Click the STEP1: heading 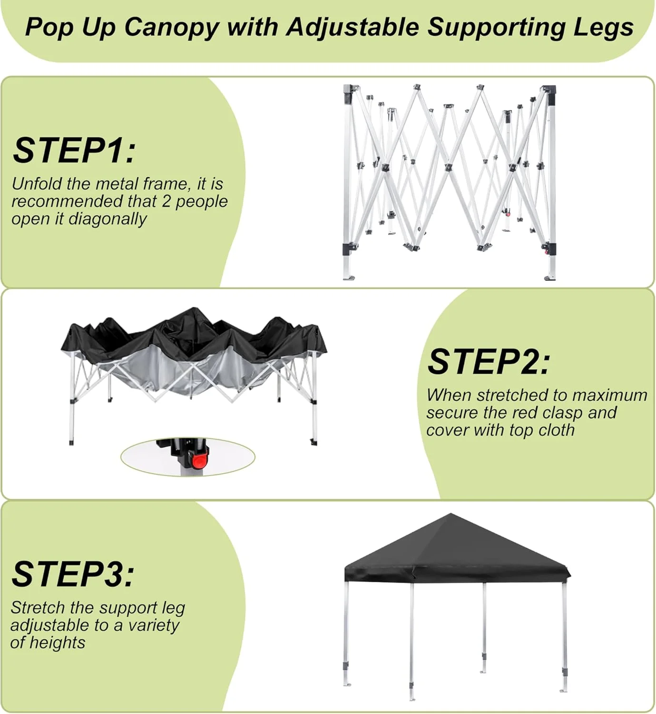pyautogui.click(x=74, y=151)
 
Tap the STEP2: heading pyautogui.click(x=489, y=362)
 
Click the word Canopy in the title pyautogui.click(x=172, y=28)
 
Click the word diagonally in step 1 pyautogui.click(x=107, y=218)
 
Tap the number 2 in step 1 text pyautogui.click(x=166, y=201)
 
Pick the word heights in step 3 pyautogui.click(x=57, y=643)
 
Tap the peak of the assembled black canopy pyautogui.click(x=451, y=514)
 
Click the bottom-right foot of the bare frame pyautogui.click(x=550, y=278)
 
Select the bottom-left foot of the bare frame pyautogui.click(x=349, y=277)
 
